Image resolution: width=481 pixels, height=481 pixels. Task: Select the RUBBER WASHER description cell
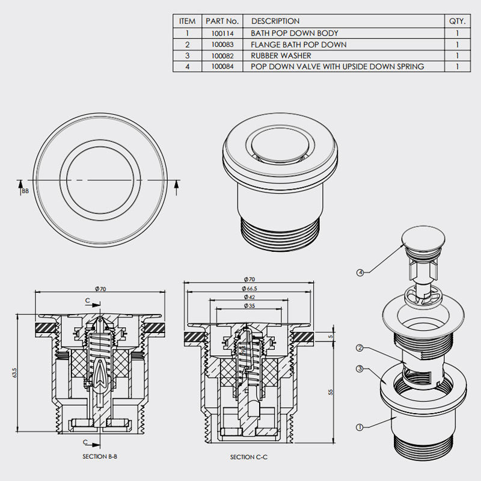pos(281,55)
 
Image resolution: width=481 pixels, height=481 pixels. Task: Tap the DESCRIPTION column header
pos(275,21)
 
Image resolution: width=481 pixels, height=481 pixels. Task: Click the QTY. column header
pos(457,21)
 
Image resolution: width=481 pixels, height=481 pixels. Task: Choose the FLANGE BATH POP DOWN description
pos(298,44)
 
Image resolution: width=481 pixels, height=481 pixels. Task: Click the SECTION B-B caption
pos(100,456)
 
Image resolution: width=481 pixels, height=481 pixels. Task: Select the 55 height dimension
pos(330,391)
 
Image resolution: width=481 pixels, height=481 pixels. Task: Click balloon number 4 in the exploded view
pos(360,272)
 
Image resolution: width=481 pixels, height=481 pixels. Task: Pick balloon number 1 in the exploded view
pos(360,427)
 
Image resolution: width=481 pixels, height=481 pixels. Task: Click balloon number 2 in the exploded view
pos(360,348)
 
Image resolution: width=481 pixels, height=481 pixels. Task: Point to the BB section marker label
pos(25,191)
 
